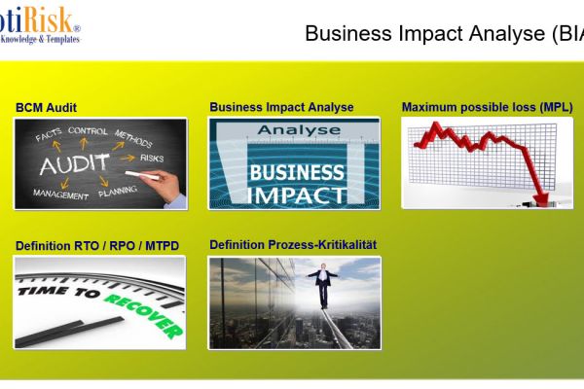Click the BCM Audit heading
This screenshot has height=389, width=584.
46,107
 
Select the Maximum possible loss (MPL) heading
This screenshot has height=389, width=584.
487,107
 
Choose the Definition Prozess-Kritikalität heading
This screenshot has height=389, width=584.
292,245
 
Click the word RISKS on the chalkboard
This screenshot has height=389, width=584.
152,158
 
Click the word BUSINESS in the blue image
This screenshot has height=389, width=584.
296,173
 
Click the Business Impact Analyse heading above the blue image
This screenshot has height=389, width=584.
281,107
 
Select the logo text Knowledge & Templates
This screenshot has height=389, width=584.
39,40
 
